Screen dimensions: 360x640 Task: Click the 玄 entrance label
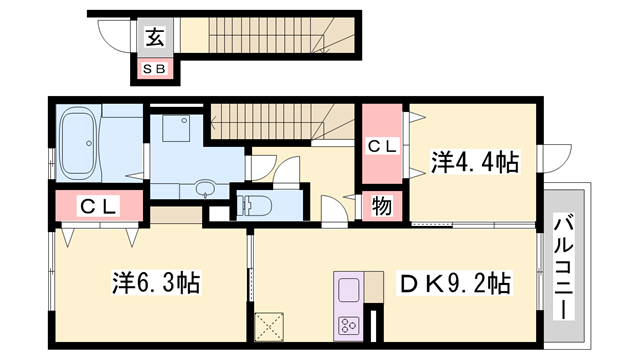pos(156,38)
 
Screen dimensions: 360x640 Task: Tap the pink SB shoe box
pos(155,69)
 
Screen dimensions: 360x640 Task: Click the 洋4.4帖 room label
pos(474,161)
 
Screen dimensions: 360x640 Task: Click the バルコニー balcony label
pos(564,264)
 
